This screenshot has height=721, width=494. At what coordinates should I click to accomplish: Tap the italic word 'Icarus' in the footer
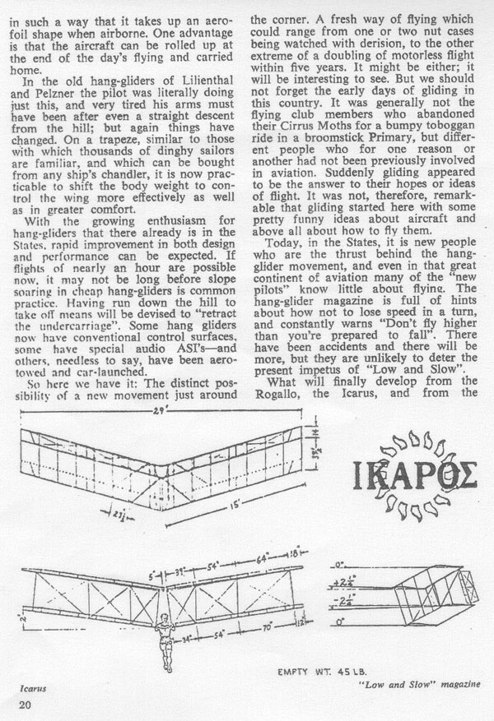33,689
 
